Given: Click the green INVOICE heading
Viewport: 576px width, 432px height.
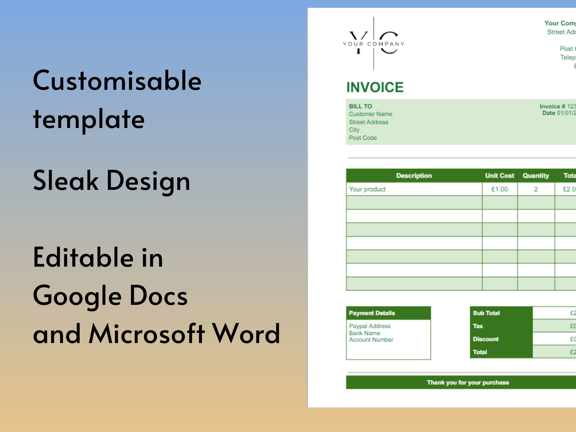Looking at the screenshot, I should (375, 87).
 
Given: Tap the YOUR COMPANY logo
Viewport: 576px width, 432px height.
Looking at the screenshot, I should (373, 44).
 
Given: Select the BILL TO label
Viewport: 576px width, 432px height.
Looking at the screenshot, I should (360, 106).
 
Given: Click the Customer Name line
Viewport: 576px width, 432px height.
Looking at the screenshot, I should (370, 114).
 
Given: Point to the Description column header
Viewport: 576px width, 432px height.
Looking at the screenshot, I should (414, 176).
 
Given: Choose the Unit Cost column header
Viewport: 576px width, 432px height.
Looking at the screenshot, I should (499, 176).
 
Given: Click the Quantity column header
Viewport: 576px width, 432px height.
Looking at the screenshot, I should (536, 176).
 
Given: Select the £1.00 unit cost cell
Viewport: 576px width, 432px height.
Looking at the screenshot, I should (499, 189).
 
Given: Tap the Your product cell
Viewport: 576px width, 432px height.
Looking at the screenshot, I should (367, 189).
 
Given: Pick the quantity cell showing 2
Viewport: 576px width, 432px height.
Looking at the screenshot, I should (536, 189).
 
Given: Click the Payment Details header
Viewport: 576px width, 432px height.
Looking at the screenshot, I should (372, 313).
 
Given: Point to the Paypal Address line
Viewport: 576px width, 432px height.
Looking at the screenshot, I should (370, 326).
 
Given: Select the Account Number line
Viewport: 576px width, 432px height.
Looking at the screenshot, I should (371, 340).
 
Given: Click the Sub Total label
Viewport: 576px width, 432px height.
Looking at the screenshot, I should (486, 313).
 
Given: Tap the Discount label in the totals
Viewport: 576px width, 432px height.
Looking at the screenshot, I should (486, 339).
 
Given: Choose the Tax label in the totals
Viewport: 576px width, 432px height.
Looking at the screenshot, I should (478, 326).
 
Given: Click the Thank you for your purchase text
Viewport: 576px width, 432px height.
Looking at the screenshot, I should (468, 383).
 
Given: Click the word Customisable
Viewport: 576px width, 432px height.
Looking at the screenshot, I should (117, 81).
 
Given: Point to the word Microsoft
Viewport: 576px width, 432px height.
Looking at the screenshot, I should (147, 334).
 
